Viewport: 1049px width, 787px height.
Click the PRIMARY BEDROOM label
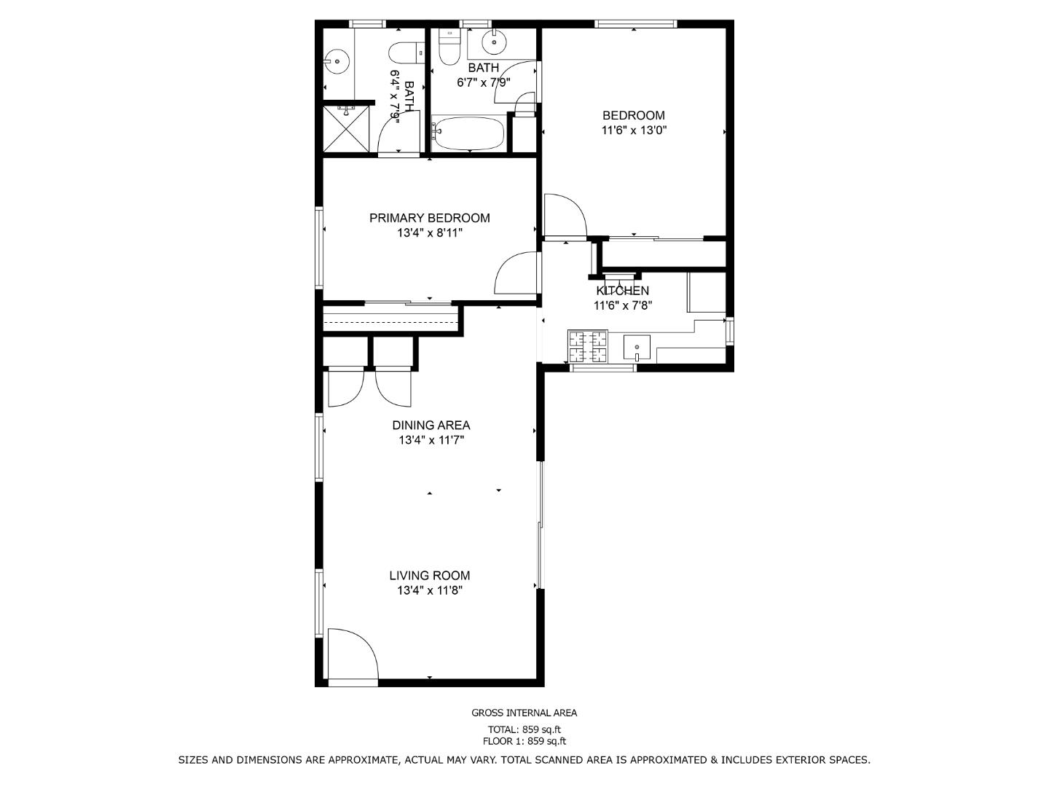tap(430, 218)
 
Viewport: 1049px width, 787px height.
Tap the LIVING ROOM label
tap(430, 576)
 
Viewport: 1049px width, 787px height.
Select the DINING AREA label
tap(431, 425)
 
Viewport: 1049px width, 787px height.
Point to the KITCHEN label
tap(622, 291)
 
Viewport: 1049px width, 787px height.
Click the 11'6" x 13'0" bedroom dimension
tap(634, 130)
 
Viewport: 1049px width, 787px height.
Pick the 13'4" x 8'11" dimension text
tap(430, 232)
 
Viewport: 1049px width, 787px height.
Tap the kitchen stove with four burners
tap(587, 346)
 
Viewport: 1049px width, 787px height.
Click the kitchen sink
tap(637, 348)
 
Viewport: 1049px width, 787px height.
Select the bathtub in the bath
tap(468, 133)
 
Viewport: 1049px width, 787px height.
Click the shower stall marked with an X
tap(347, 129)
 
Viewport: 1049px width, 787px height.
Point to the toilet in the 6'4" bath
tap(406, 53)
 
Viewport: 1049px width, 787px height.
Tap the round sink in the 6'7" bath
tap(494, 43)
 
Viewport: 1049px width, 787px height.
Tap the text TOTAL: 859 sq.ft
tap(524, 729)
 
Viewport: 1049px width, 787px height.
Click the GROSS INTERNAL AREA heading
tap(524, 713)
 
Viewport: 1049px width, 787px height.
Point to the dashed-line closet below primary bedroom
tap(391, 318)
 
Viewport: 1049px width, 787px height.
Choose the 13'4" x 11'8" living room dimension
tap(430, 590)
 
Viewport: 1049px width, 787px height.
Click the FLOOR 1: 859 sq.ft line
tap(524, 742)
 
